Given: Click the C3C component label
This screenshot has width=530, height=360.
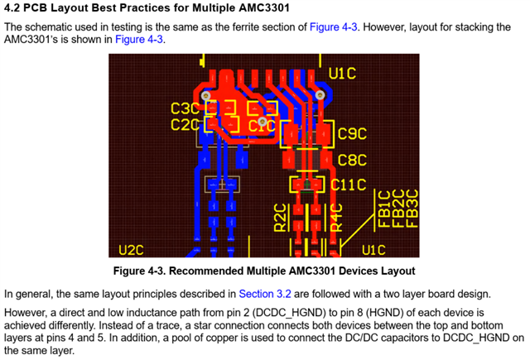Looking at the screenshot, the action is click(185, 108).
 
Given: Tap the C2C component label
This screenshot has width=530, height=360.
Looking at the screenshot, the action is click(185, 125).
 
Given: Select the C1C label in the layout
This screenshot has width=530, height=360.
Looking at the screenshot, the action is click(262, 126).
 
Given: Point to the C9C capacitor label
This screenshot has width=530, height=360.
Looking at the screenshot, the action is click(352, 134).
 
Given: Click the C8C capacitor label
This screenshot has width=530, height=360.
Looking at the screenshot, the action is click(352, 160).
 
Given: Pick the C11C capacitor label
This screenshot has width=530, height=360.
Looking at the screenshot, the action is click(348, 185).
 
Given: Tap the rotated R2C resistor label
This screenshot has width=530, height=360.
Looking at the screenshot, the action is click(281, 218).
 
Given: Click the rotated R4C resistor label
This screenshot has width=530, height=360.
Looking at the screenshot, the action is click(336, 218).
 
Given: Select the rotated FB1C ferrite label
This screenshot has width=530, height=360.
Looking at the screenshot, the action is click(384, 209).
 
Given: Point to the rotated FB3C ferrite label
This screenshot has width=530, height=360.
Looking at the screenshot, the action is click(412, 209).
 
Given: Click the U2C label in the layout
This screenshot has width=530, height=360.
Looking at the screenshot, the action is click(131, 250).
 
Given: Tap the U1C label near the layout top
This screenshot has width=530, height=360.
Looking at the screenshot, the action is click(342, 74).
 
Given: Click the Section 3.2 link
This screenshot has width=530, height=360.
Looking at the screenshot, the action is click(265, 294).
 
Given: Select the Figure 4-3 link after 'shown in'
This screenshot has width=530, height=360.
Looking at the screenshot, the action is click(139, 40).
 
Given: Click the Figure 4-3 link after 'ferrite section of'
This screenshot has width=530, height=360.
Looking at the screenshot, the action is click(333, 27).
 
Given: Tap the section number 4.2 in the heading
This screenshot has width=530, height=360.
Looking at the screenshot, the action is click(12, 7).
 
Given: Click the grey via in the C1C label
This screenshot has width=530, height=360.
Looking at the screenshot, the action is click(263, 121).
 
